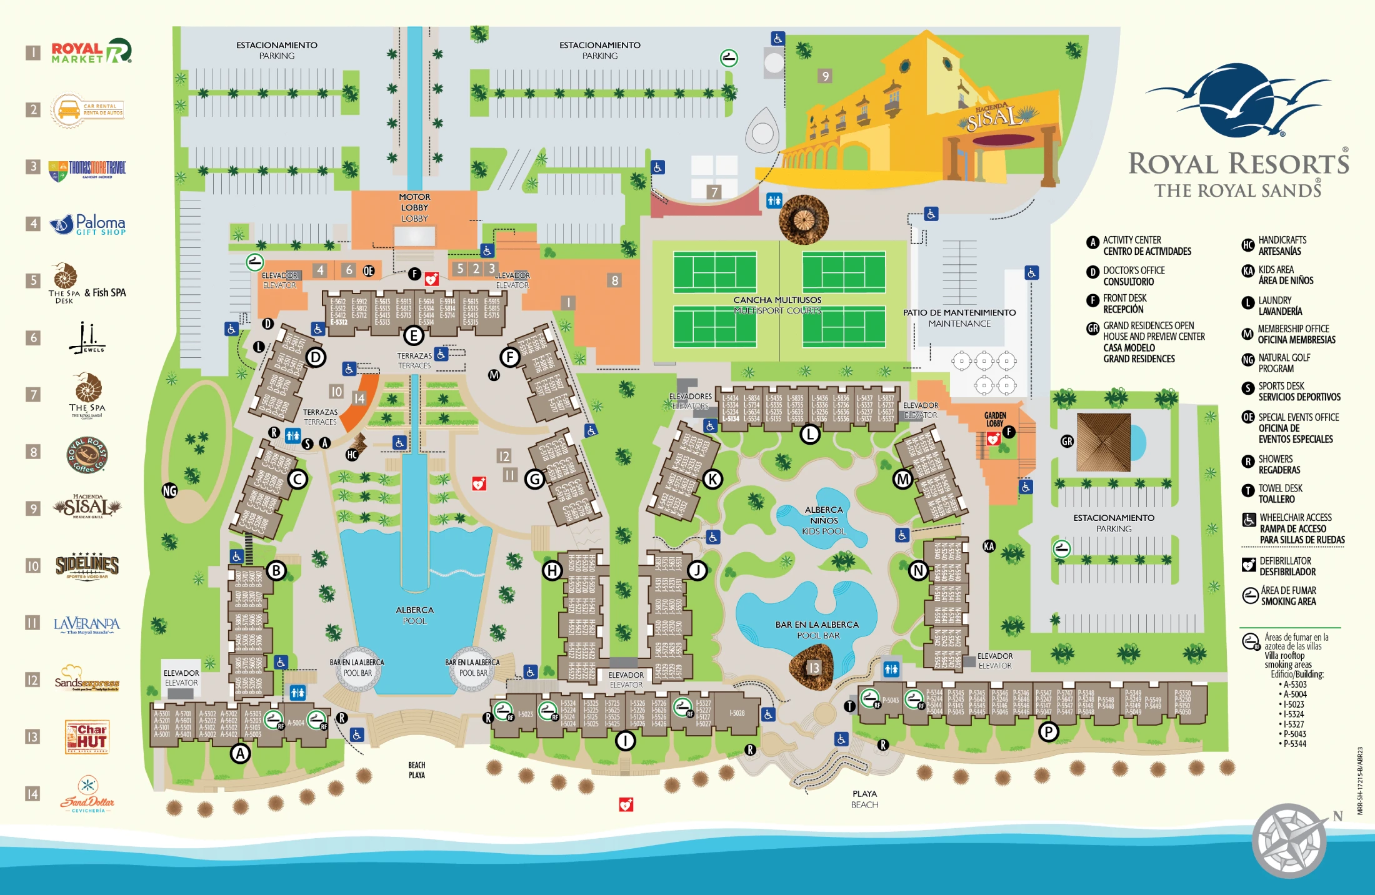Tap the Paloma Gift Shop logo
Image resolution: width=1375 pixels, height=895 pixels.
click(x=88, y=224)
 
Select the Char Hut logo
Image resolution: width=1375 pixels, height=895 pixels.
click(x=87, y=736)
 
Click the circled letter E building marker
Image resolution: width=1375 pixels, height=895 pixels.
click(x=413, y=335)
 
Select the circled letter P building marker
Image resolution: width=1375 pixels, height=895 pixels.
click(x=1048, y=731)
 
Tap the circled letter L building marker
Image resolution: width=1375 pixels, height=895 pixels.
click(x=810, y=433)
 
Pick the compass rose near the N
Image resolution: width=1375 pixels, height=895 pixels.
click(x=1289, y=840)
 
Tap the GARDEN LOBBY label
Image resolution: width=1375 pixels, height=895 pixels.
click(x=995, y=419)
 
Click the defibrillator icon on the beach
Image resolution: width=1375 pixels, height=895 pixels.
click(x=626, y=804)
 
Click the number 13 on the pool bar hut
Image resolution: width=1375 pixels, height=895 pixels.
click(x=813, y=668)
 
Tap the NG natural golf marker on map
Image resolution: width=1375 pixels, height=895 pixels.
click(x=169, y=490)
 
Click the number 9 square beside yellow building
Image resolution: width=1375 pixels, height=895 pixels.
click(x=825, y=76)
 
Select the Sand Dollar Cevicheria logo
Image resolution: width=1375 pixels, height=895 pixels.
click(x=87, y=794)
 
